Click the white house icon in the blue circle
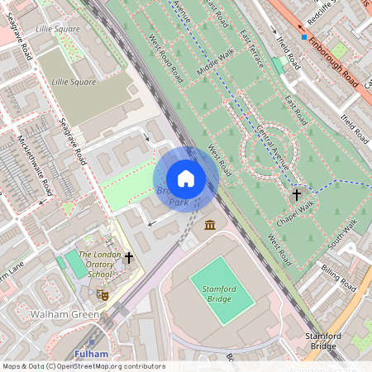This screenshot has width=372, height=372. (186, 179)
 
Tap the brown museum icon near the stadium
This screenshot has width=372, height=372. (209, 226)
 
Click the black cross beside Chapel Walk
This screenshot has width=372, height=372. (296, 195)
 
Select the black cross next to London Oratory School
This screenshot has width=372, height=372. (128, 258)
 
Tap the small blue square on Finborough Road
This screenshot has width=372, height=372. (304, 37)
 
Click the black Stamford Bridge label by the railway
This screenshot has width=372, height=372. (344, 339)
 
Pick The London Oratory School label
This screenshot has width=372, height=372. (98, 264)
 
